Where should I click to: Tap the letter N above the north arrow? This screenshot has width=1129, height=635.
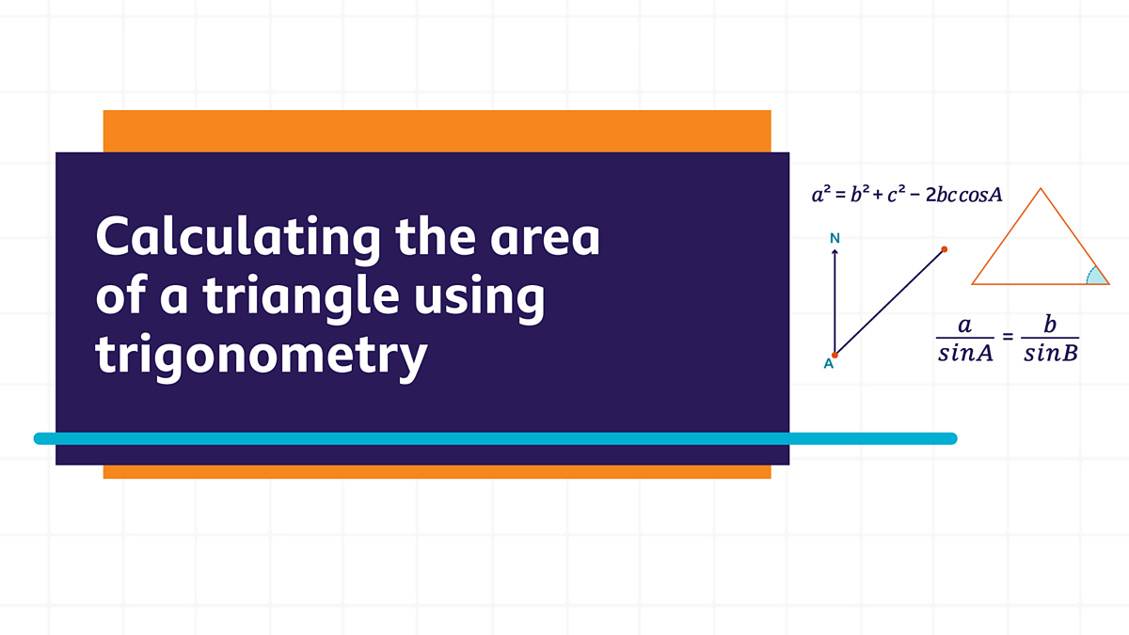835,239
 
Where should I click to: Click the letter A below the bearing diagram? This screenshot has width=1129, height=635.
829,365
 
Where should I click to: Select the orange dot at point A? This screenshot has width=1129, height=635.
835,355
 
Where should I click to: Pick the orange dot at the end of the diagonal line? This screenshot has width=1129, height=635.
944,249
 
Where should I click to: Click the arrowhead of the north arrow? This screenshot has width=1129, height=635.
835,253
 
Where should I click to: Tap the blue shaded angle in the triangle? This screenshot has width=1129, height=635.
1095,276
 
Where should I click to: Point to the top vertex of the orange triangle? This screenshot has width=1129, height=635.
1041,190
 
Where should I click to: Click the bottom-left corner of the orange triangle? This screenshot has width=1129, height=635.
974,282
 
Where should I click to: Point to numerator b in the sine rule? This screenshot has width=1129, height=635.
1050,325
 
